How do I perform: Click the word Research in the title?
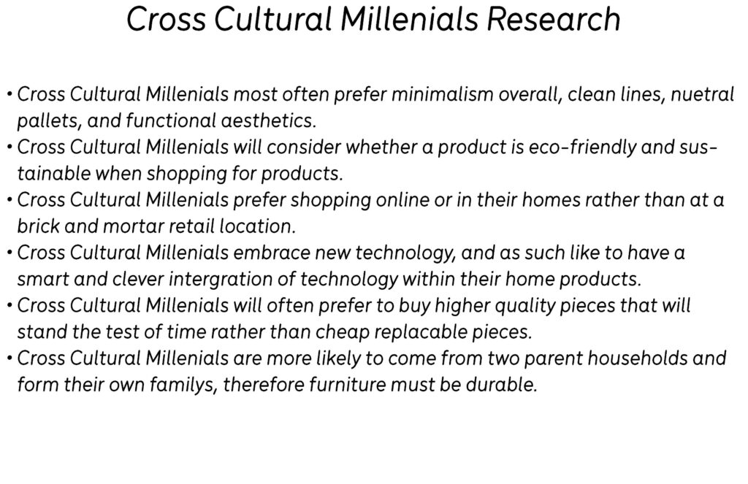click(554, 20)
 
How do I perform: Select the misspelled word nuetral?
click(702, 94)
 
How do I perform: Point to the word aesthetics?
click(269, 120)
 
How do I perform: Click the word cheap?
click(343, 332)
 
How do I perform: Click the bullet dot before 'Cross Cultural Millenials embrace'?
click(9, 252)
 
